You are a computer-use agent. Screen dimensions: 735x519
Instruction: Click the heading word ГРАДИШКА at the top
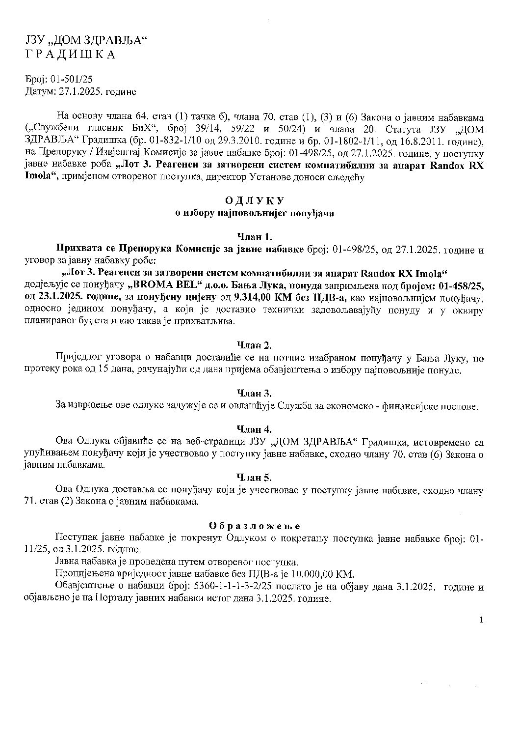pyautogui.click(x=70, y=55)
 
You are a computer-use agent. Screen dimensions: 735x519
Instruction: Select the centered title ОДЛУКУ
pyautogui.click(x=255, y=201)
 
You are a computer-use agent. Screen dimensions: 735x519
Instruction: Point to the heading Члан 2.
pyautogui.click(x=254, y=345)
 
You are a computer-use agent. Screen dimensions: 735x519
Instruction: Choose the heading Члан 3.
pyautogui.click(x=254, y=393)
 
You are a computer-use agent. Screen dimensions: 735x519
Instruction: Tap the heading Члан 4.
pyautogui.click(x=254, y=429)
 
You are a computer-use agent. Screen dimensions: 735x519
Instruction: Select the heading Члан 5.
pyautogui.click(x=254, y=478)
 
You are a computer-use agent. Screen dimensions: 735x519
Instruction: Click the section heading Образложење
pyautogui.click(x=255, y=526)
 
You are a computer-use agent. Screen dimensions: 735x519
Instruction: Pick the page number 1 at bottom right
pyautogui.click(x=481, y=620)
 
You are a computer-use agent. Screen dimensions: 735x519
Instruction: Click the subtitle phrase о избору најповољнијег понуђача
pyautogui.click(x=255, y=213)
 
